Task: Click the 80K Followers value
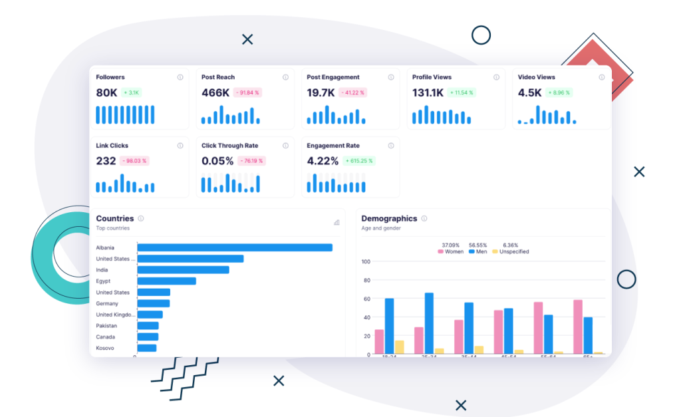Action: pyautogui.click(x=106, y=92)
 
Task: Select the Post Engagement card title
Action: pyautogui.click(x=333, y=77)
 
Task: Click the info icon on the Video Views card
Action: pyautogui.click(x=601, y=77)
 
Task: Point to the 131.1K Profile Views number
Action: pyautogui.click(x=428, y=92)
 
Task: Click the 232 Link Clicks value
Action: pyautogui.click(x=106, y=161)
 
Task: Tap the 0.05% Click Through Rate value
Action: pyautogui.click(x=217, y=161)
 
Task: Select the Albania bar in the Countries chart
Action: pyautogui.click(x=234, y=247)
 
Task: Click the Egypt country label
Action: pyautogui.click(x=104, y=281)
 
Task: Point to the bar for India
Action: pyautogui.click(x=183, y=270)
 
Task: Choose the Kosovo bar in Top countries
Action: pyautogui.click(x=146, y=348)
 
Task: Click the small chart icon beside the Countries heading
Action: pyautogui.click(x=337, y=222)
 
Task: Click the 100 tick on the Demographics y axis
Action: pyautogui.click(x=366, y=261)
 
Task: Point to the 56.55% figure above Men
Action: pyautogui.click(x=478, y=245)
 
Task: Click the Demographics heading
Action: pyautogui.click(x=389, y=218)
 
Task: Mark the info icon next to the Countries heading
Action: pyautogui.click(x=141, y=218)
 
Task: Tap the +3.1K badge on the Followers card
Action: pyautogui.click(x=131, y=92)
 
